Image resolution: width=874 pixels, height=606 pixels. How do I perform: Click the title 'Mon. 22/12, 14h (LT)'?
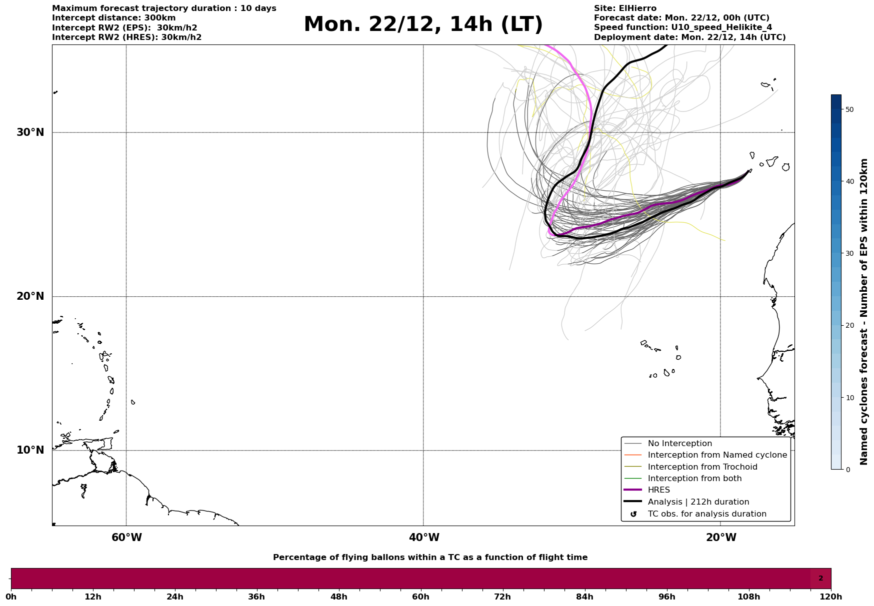pos(423,25)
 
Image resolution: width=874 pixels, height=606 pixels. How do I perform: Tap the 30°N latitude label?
pos(30,132)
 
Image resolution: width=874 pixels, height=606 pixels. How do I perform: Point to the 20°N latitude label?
pos(30,296)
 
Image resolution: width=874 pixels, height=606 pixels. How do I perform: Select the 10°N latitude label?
pos(30,450)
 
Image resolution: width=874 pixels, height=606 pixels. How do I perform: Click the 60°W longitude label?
pos(126,538)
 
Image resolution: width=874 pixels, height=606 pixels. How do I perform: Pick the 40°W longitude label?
pos(424,538)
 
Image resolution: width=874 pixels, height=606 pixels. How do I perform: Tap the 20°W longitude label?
pos(721,538)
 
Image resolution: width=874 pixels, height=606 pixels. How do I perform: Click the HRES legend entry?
pos(658,490)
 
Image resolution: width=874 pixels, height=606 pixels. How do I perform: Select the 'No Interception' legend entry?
pos(679,444)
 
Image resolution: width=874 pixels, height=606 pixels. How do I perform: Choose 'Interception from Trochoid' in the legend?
pos(702,467)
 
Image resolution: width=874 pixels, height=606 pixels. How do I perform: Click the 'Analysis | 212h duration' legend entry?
pos(698,502)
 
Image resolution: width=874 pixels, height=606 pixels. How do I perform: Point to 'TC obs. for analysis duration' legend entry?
pos(706,514)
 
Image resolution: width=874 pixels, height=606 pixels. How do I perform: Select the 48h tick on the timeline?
pos(338,597)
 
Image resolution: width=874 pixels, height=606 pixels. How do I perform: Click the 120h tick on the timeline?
pos(830,597)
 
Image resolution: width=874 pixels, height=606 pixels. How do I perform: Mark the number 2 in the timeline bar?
pos(820,579)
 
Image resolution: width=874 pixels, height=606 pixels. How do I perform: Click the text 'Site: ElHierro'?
pos(625,8)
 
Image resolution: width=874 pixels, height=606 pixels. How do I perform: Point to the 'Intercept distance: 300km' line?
pos(114,18)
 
